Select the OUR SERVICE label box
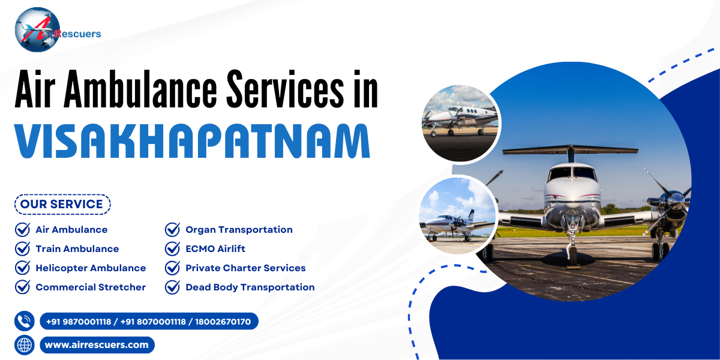point(62,204)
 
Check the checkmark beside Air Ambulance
point(23,230)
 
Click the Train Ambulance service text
point(77,249)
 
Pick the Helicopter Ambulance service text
point(91,268)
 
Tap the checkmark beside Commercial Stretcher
point(23,287)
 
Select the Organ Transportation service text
point(239,230)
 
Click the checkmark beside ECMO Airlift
point(173,249)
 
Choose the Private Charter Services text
point(245,268)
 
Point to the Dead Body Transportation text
point(250,287)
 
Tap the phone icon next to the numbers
point(25,322)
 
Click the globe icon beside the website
point(25,345)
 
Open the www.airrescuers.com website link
point(97,345)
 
